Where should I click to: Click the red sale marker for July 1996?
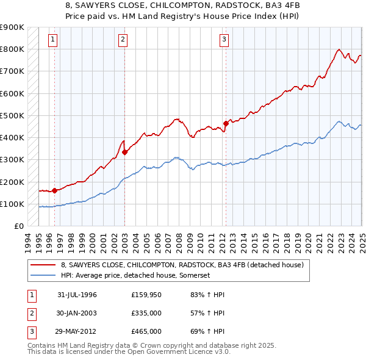54,190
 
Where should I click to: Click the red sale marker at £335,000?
124,152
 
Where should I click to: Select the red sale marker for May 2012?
226,123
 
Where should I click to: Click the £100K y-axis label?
12,204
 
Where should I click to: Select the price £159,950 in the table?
146,295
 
